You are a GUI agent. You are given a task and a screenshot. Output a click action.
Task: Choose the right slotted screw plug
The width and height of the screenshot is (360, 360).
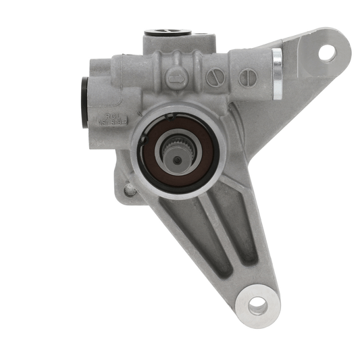[x=247, y=78]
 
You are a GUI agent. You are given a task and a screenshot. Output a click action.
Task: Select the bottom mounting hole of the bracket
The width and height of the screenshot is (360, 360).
[x=257, y=305]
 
